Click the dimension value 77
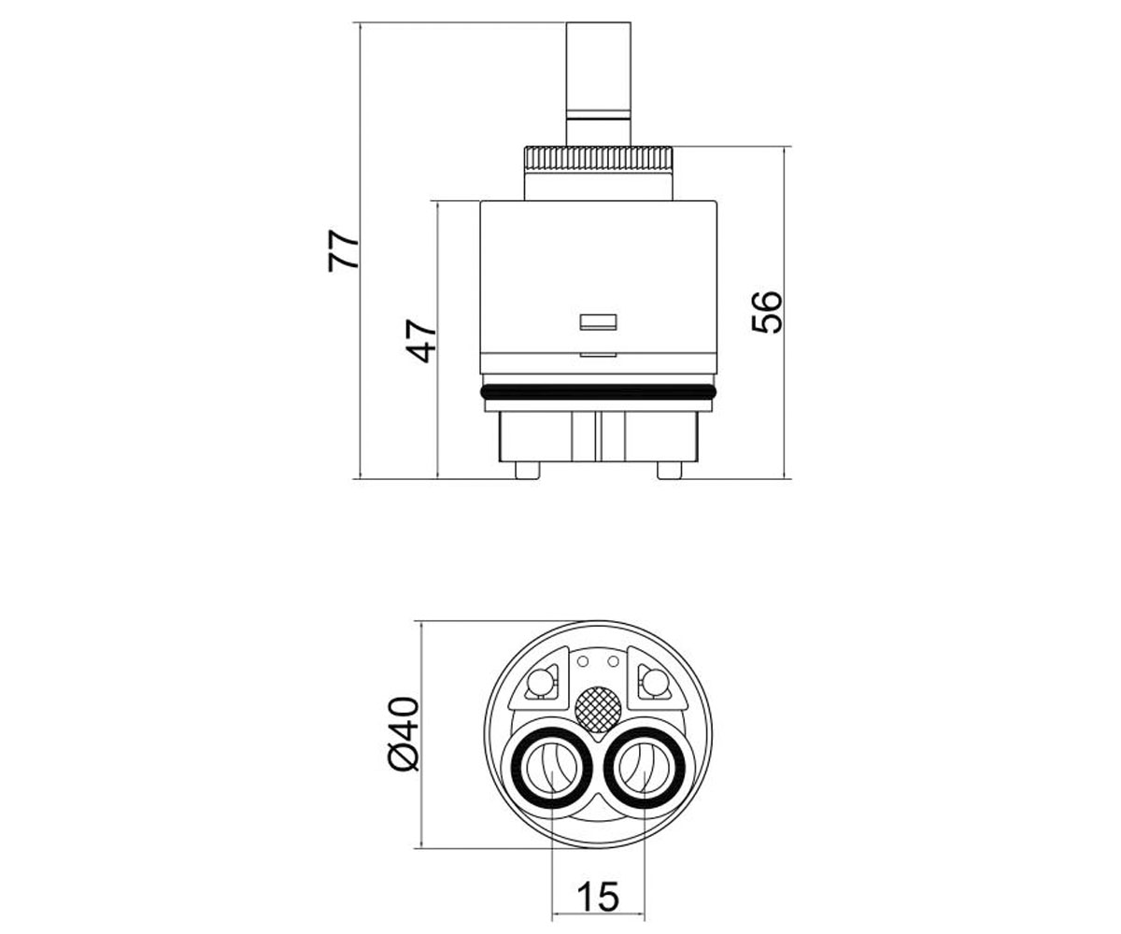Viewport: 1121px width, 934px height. click(343, 251)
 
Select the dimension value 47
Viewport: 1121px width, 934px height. click(420, 342)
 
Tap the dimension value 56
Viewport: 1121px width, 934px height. click(767, 312)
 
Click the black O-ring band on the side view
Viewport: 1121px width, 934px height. click(598, 392)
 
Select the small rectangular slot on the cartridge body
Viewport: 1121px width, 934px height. click(598, 321)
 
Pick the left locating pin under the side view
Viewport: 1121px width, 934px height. click(527, 470)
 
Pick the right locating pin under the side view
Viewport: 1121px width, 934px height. click(670, 470)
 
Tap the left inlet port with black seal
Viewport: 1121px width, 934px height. click(551, 768)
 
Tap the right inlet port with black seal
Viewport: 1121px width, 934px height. click(645, 768)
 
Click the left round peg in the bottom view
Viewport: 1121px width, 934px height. click(539, 684)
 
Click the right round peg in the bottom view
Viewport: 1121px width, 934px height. click(656, 684)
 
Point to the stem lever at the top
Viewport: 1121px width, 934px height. click(598, 84)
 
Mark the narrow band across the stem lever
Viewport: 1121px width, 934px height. click(598, 114)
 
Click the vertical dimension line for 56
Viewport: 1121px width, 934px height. click(785, 312)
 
